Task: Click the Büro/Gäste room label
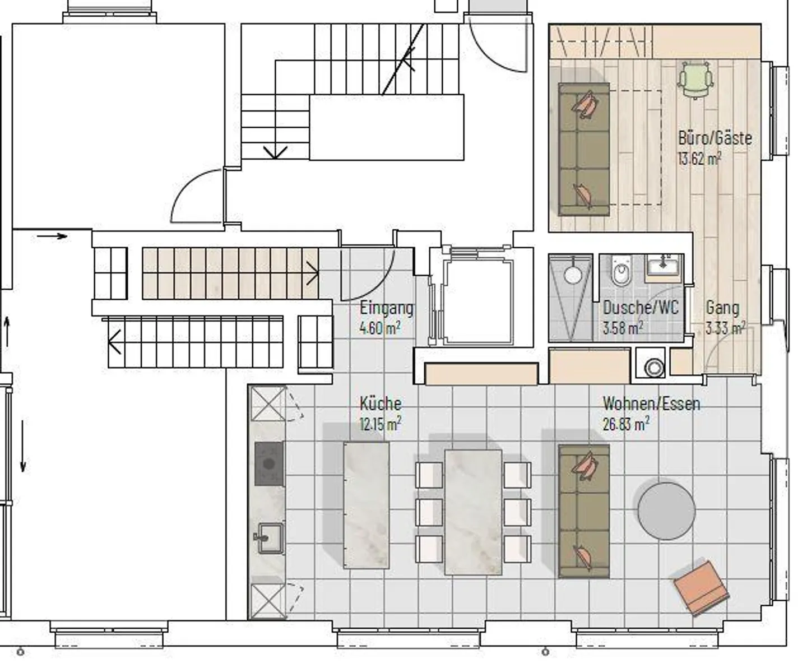(x=715, y=138)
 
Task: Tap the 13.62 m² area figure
(x=700, y=159)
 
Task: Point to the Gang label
(x=722, y=308)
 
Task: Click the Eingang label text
(x=387, y=308)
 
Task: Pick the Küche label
(x=381, y=403)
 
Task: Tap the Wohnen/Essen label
(x=652, y=403)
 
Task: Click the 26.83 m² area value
(x=626, y=424)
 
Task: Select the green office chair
(x=695, y=80)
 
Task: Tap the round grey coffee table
(x=666, y=511)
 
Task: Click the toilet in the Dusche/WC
(x=622, y=271)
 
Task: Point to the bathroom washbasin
(x=663, y=265)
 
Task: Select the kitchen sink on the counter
(x=270, y=537)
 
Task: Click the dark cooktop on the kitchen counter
(x=269, y=463)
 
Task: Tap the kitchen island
(x=366, y=505)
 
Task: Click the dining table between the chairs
(x=473, y=512)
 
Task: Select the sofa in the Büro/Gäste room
(x=584, y=149)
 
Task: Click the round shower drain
(x=572, y=275)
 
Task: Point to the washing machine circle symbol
(x=654, y=368)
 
